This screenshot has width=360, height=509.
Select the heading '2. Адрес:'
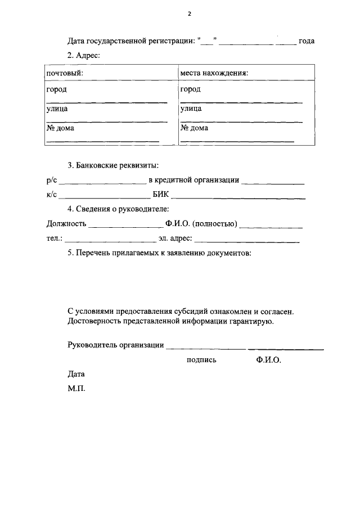click(83, 56)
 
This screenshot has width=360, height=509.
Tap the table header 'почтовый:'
click(65, 73)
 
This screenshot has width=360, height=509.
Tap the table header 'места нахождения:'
click(214, 73)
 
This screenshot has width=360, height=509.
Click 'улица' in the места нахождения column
click(191, 109)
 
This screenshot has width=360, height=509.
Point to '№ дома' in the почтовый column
click(60, 128)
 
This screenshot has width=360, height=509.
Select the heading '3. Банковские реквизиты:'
click(113, 165)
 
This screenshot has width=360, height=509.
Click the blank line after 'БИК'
click(238, 197)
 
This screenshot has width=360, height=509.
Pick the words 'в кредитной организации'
click(194, 181)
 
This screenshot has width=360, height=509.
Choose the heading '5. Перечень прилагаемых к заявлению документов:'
click(159, 253)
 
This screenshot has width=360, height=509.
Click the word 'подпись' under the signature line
click(201, 360)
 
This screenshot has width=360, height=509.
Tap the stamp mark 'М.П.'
click(76, 388)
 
